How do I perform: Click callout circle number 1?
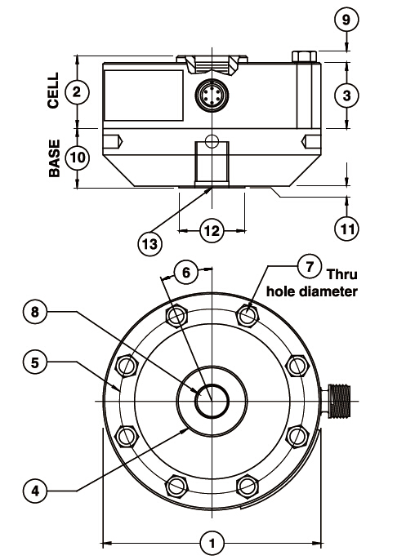[212, 540]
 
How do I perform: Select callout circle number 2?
[76, 91]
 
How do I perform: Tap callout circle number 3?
[348, 95]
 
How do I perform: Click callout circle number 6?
[186, 273]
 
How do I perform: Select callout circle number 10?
[76, 158]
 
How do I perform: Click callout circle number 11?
[348, 228]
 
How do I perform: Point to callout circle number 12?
[212, 231]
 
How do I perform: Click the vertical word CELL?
[54, 91]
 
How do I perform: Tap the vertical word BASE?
[54, 158]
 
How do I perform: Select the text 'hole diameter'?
[312, 291]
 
